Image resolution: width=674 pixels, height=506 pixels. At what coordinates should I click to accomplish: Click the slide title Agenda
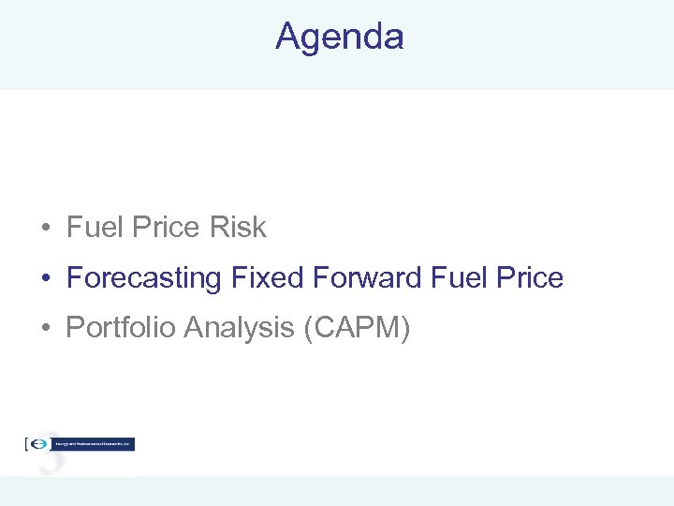[339, 37]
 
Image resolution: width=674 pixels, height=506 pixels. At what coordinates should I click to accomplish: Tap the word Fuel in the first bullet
[90, 228]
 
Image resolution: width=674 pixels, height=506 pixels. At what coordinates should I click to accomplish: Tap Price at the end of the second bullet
[528, 278]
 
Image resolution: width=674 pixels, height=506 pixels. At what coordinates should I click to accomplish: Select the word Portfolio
[121, 328]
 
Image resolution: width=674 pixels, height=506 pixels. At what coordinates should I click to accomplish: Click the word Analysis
[240, 328]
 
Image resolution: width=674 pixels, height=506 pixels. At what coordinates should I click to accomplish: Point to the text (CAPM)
[359, 328]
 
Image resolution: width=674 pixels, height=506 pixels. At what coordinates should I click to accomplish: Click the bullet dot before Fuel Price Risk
[45, 229]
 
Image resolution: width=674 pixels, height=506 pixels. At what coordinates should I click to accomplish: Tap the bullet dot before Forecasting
[45, 279]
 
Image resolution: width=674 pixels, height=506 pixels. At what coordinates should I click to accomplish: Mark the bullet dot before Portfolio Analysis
[45, 329]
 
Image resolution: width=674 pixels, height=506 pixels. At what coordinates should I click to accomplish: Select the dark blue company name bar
[94, 444]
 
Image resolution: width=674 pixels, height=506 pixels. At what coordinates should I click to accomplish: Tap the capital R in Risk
[220, 228]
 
